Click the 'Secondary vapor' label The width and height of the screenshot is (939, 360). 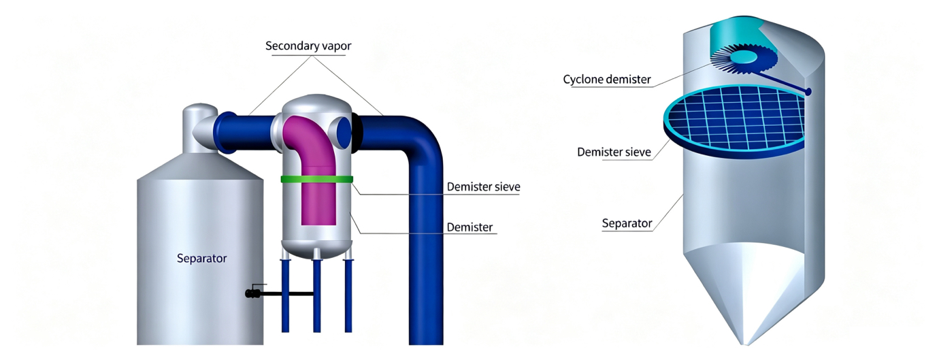308,46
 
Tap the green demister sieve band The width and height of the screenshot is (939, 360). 316,180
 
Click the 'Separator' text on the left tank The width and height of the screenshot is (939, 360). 201,258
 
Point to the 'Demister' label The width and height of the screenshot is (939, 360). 469,227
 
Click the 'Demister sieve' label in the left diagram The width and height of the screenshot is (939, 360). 483,187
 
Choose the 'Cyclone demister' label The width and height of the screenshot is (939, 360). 606,79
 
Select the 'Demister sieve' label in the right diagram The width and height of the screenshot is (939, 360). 614,152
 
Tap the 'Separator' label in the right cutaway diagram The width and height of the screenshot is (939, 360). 627,223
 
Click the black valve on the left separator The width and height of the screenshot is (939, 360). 252,293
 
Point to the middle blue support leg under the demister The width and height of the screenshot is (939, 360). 317,295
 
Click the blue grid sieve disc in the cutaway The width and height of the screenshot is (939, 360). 734,122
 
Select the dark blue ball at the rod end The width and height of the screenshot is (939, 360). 808,91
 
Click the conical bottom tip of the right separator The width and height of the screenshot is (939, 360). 746,344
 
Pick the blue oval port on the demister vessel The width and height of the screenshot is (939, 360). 344,132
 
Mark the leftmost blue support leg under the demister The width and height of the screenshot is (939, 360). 286,295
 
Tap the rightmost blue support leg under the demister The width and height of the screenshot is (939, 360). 348,295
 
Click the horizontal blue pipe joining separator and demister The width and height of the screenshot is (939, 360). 245,132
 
